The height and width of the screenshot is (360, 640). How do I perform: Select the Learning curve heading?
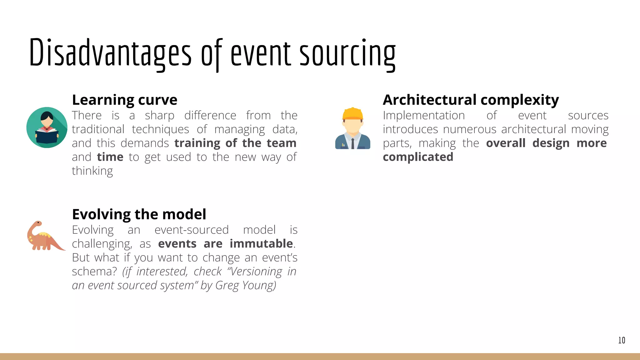(124, 100)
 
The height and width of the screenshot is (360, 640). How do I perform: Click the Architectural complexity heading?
(471, 100)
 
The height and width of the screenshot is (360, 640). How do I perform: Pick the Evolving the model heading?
(139, 214)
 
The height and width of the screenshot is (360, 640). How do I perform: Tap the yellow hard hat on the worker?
(352, 114)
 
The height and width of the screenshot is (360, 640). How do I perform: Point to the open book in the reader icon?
(47, 137)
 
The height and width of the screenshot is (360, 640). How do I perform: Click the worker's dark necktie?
(352, 143)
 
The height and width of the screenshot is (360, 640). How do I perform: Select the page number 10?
(621, 340)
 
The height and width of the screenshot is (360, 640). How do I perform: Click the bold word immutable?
(261, 244)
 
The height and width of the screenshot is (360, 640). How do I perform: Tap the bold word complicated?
(418, 157)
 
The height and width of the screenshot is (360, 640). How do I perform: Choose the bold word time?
(110, 157)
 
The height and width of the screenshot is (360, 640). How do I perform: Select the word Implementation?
(424, 115)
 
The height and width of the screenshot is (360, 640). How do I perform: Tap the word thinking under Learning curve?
(92, 171)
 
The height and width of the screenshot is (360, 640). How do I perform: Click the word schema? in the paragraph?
(94, 272)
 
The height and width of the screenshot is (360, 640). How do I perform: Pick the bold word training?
(197, 143)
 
